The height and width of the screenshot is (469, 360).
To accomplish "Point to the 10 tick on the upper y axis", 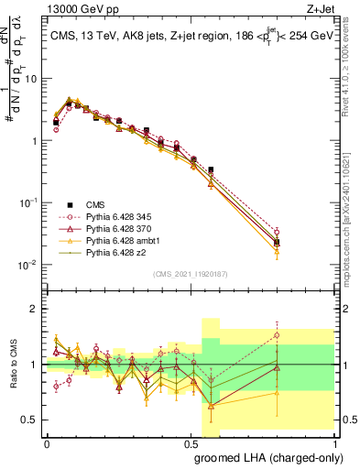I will tap(32, 79).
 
